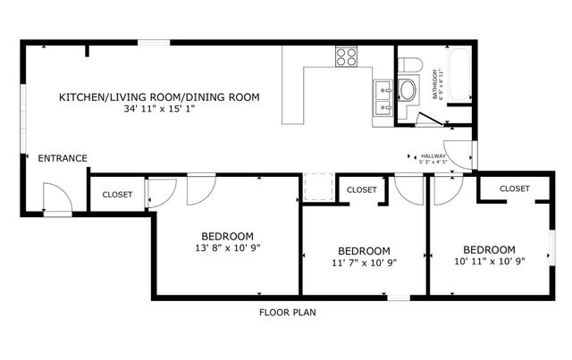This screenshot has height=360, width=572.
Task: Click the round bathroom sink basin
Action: click(407, 90)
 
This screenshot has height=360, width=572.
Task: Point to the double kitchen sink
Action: click(384, 98)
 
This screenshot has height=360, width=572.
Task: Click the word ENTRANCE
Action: click(63, 159)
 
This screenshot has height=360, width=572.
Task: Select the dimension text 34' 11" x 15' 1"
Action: click(159, 110)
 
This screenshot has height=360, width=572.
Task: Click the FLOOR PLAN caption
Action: click(287, 314)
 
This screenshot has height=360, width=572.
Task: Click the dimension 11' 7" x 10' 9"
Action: click(364, 263)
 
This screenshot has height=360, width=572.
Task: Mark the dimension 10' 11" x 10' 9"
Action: click(489, 262)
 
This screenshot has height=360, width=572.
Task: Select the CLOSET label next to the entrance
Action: click(117, 194)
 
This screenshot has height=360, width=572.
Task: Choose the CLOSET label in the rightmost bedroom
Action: click(514, 188)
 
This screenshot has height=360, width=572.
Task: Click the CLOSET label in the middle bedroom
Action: click(361, 189)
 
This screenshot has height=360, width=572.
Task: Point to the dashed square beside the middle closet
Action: click(317, 188)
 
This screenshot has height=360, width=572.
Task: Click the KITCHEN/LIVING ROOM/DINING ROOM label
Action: click(159, 96)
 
